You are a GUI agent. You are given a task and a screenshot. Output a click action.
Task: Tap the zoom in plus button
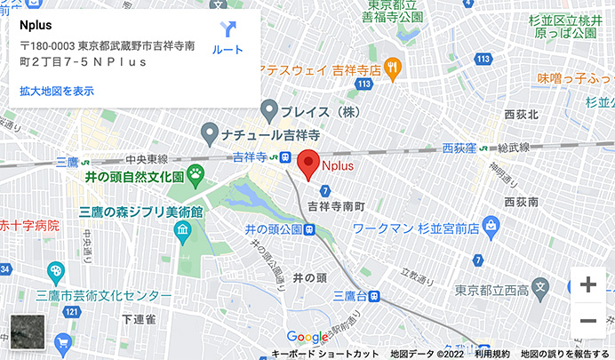click(x=587, y=285)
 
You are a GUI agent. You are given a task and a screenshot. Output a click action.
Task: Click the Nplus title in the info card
click(x=36, y=24)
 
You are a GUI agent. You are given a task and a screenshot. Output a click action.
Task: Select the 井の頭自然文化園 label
click(x=133, y=177)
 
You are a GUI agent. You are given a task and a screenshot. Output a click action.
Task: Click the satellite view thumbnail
click(x=27, y=332)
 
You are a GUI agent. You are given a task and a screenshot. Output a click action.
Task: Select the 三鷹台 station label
click(x=351, y=295)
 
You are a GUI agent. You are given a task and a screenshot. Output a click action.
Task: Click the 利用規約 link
click(x=491, y=354)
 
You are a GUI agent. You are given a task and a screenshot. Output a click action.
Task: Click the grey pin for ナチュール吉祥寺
click(x=210, y=134)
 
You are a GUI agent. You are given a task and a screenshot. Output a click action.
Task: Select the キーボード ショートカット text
click(x=325, y=354)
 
